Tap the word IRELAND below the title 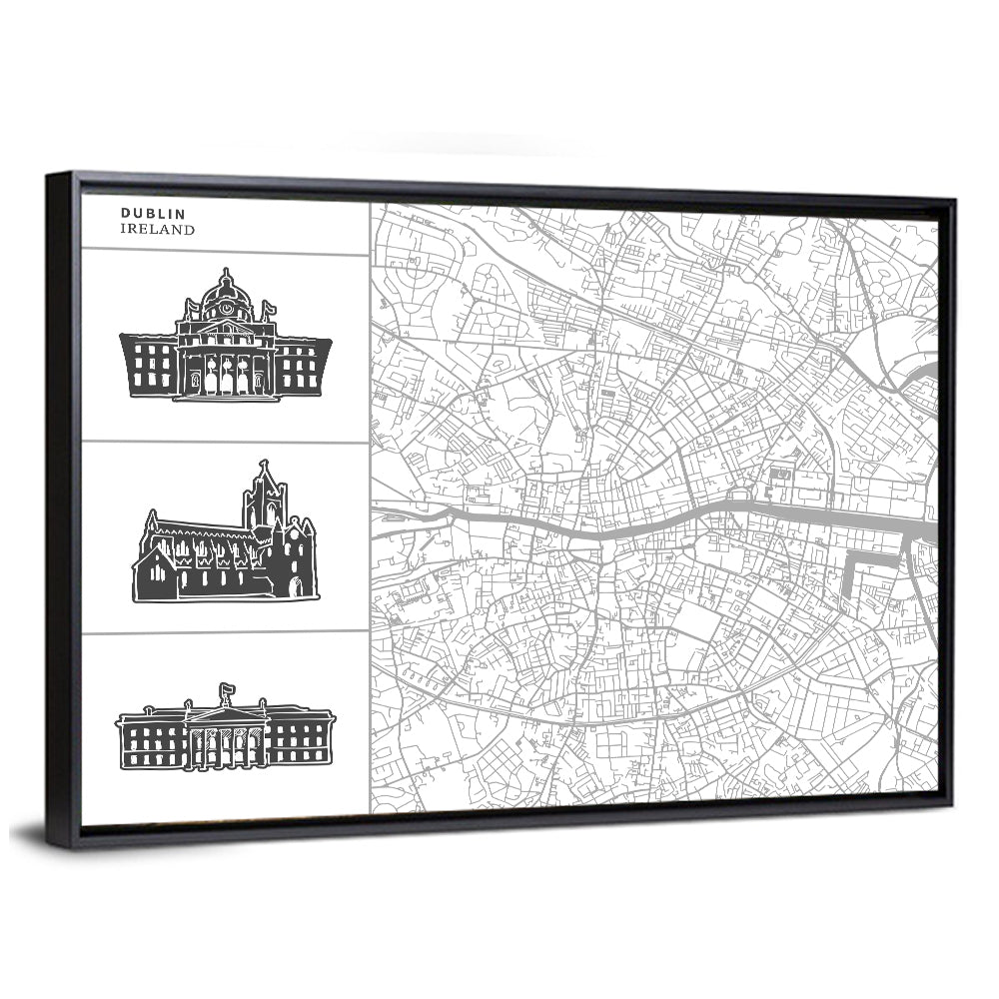click(158, 229)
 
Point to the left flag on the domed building click(190, 302)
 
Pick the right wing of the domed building click(303, 367)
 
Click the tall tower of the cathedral click(265, 499)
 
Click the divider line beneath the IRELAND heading click(225, 252)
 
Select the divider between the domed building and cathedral click(225, 442)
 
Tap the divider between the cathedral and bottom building click(225, 632)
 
